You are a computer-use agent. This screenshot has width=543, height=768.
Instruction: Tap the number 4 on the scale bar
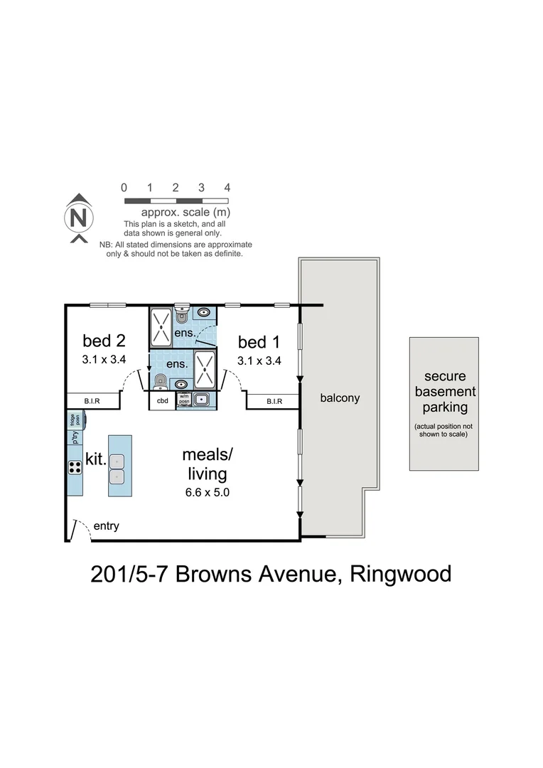(227, 188)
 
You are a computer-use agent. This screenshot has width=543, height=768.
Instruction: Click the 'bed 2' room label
(104, 341)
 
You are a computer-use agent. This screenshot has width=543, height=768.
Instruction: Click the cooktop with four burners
(74, 467)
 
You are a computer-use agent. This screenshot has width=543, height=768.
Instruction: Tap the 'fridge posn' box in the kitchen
(74, 420)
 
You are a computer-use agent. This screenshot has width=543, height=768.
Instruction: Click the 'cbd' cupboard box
(162, 401)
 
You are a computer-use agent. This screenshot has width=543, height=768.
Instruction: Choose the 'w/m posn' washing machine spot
(183, 400)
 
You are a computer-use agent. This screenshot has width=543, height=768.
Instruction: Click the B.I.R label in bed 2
(92, 402)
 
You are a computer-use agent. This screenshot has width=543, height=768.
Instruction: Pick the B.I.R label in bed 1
(274, 402)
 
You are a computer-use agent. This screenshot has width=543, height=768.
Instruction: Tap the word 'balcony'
(340, 398)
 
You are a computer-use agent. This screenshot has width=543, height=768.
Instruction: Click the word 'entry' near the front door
(106, 527)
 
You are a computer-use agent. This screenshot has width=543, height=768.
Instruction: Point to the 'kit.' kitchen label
(96, 459)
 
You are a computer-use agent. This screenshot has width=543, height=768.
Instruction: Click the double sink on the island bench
(119, 466)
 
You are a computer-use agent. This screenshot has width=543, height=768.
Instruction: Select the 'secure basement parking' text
(445, 392)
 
